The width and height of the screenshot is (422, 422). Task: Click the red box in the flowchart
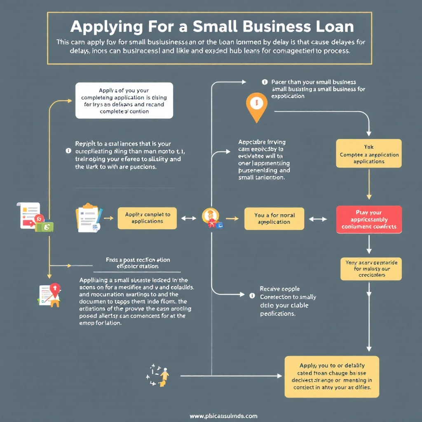pyautogui.click(x=369, y=220)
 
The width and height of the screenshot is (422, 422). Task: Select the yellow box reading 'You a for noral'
pyautogui.click(x=274, y=218)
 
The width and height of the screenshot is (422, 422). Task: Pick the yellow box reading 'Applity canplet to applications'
pyautogui.click(x=147, y=218)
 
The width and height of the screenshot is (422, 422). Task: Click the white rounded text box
pyautogui.click(x=124, y=101)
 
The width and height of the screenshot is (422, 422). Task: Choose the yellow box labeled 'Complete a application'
pyautogui.click(x=369, y=153)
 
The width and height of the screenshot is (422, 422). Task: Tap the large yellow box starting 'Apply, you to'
pyautogui.click(x=332, y=377)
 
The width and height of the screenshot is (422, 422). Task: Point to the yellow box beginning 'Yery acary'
pyautogui.click(x=371, y=269)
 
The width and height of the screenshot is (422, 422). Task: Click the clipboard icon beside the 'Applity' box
pyautogui.click(x=89, y=218)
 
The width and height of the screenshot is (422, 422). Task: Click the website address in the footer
pyautogui.click(x=223, y=416)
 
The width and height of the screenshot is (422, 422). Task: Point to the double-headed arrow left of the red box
pyautogui.click(x=318, y=219)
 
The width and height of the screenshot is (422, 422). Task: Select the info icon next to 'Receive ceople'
pyautogui.click(x=252, y=296)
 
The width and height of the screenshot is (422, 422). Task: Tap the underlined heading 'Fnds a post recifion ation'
pyautogui.click(x=138, y=263)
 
